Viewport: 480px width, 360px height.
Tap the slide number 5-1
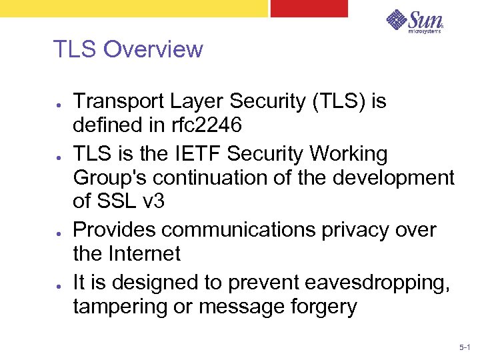point(465,348)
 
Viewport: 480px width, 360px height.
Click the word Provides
point(115,230)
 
